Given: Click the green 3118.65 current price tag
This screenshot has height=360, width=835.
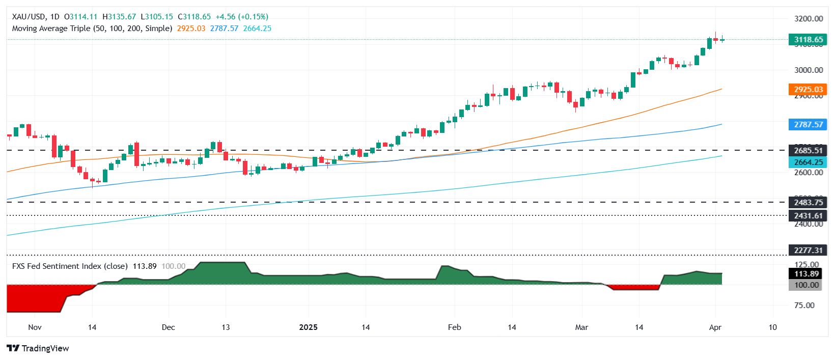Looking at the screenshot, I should [x=808, y=40].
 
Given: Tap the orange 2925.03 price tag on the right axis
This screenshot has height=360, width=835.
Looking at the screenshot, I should [x=808, y=90].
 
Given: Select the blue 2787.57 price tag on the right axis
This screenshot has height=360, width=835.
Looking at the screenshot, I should [x=808, y=125].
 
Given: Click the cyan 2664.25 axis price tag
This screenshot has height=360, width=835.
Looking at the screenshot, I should [x=808, y=162].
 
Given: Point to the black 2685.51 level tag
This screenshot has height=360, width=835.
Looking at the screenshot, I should [x=808, y=150].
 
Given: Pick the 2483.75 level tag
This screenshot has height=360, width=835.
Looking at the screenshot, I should [x=808, y=203].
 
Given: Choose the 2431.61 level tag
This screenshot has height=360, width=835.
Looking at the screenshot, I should [x=808, y=216].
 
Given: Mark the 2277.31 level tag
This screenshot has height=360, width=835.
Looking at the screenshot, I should [x=808, y=250].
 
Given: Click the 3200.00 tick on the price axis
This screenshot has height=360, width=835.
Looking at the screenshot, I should [x=808, y=19].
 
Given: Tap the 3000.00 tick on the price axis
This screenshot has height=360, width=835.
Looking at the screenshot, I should [x=808, y=70].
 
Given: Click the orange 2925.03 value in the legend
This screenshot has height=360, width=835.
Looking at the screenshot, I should [x=191, y=29].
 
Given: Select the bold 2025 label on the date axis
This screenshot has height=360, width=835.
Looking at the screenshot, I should [x=308, y=327].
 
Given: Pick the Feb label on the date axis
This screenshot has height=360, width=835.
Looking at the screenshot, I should [x=454, y=327].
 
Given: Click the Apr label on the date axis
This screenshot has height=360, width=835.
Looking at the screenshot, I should [x=715, y=327].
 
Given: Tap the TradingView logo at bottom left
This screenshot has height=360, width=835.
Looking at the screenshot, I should [x=38, y=348].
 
